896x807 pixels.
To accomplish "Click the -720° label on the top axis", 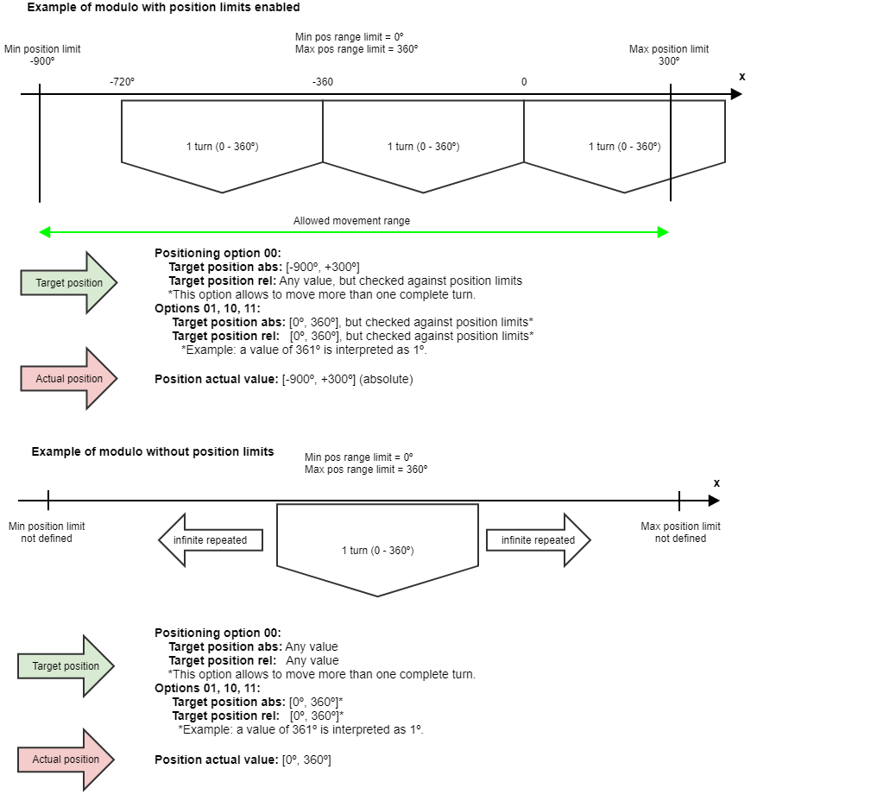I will point(122,82).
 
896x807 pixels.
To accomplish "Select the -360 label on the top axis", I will point(322,82).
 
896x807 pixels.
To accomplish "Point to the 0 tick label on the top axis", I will point(523,82).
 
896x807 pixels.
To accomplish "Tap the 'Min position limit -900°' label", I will point(42,55).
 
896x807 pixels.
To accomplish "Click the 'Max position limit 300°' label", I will point(669,55).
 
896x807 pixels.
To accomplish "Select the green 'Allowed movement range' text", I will point(351,221).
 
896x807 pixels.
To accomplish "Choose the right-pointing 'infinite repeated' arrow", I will point(538,540).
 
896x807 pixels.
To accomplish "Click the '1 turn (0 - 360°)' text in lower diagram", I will point(377,551).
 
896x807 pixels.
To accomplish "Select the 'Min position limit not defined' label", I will point(47,533).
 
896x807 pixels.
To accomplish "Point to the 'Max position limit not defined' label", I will point(680,533).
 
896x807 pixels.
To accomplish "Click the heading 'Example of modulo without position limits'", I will point(153,451).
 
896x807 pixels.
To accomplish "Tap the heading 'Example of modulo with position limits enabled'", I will point(163,7).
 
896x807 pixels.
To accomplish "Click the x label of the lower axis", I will point(716,483).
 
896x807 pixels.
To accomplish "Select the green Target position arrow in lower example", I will point(66,666).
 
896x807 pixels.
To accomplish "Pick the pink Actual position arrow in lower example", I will point(66,760).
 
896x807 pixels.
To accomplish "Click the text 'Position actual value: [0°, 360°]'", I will point(243,760).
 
